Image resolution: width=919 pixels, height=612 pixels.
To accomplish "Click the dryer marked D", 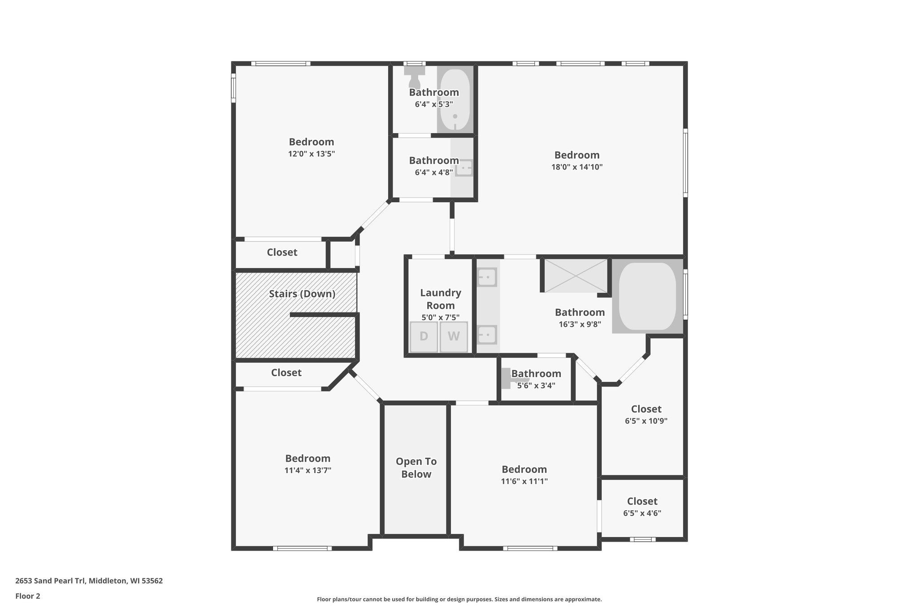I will pos(424,337).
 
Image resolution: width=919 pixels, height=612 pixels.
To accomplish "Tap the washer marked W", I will pos(454,337).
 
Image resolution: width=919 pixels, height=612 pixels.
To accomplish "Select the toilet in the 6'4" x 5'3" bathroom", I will pos(414,77).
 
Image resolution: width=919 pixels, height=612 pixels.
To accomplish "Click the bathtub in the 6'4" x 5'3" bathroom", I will pos(455,99).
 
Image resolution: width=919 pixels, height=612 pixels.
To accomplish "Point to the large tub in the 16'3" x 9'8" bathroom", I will pos(647,296).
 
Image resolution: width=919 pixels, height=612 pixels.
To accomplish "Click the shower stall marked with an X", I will pos(576,275).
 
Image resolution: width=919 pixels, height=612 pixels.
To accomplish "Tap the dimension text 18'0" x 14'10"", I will pos(577,167).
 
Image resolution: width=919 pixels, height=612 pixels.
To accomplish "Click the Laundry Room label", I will pos(440,299).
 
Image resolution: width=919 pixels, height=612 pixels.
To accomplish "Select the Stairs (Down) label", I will pos(302,294).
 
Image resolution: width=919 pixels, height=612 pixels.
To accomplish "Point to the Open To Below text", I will pos(416,468).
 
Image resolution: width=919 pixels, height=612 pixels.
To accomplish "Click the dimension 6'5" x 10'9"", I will pos(646,421).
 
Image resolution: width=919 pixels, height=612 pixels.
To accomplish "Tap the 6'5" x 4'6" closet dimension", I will pos(642,513).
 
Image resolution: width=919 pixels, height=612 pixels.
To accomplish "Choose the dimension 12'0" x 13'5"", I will pos(311,154).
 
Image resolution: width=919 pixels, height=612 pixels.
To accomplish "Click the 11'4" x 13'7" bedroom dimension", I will pos(308,470).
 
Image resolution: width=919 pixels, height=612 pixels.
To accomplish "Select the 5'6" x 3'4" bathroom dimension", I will pos(536,385).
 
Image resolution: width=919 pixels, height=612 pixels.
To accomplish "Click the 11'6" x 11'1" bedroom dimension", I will pos(524,482).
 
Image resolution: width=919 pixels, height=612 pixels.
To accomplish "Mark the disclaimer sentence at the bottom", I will pos(459,599).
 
